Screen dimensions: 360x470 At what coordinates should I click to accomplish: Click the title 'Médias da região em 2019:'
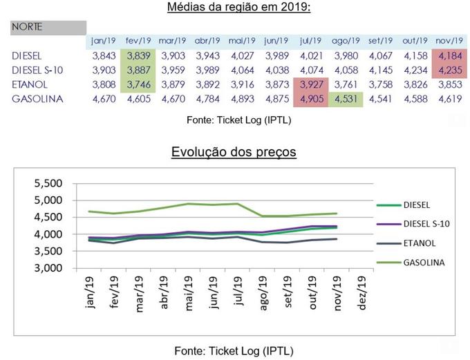click(x=238, y=8)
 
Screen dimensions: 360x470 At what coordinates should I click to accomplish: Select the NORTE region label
click(x=27, y=28)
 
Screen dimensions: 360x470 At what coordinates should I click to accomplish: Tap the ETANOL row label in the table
click(x=29, y=84)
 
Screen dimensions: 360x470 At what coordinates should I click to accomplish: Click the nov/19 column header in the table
click(x=449, y=41)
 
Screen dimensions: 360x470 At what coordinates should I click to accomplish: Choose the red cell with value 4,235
click(x=449, y=70)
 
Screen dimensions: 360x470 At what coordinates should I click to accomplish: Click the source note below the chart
click(x=238, y=350)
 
